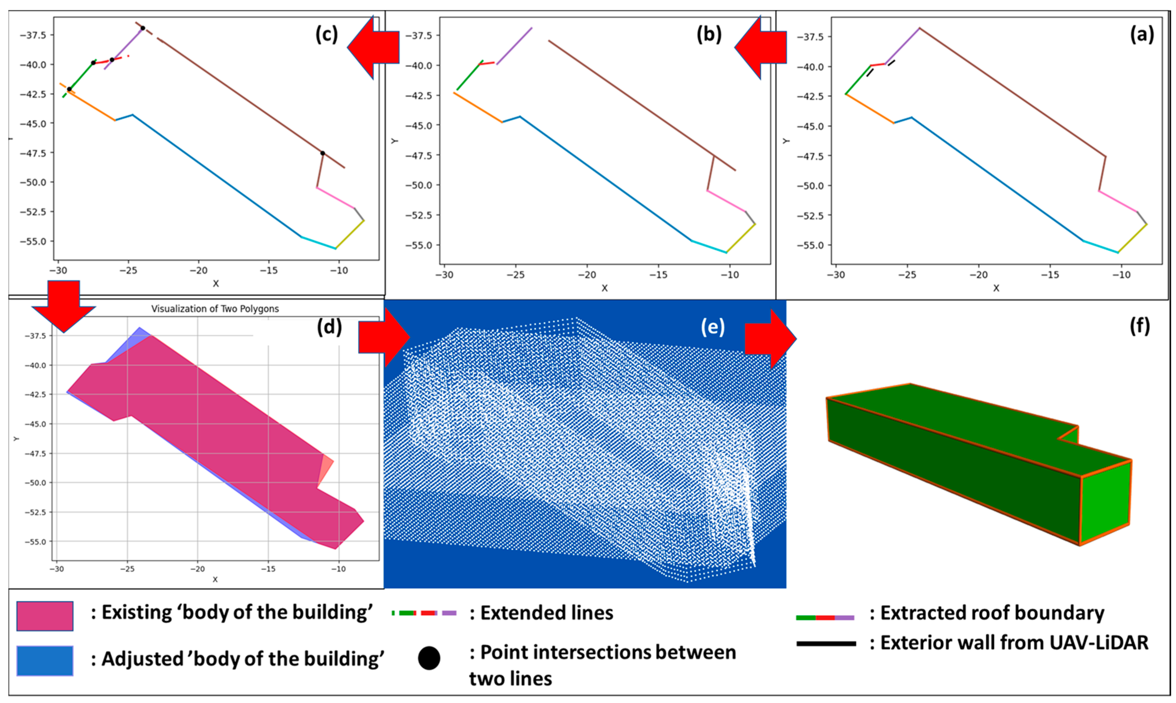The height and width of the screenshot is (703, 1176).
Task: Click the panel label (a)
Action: [1141, 35]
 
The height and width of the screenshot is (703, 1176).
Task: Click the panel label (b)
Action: [708, 35]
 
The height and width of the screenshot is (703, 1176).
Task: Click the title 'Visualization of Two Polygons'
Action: [215, 309]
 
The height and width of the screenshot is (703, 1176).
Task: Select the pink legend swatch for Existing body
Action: [45, 616]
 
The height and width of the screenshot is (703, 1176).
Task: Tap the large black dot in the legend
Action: [429, 658]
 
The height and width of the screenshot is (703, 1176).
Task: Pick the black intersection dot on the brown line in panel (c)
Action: [322, 153]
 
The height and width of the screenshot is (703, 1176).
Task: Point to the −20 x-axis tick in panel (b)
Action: [587, 275]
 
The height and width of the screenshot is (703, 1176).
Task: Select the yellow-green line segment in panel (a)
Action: [1132, 238]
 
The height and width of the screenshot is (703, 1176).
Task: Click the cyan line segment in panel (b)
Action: [709, 247]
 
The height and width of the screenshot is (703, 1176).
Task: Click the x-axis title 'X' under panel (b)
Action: [605, 288]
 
